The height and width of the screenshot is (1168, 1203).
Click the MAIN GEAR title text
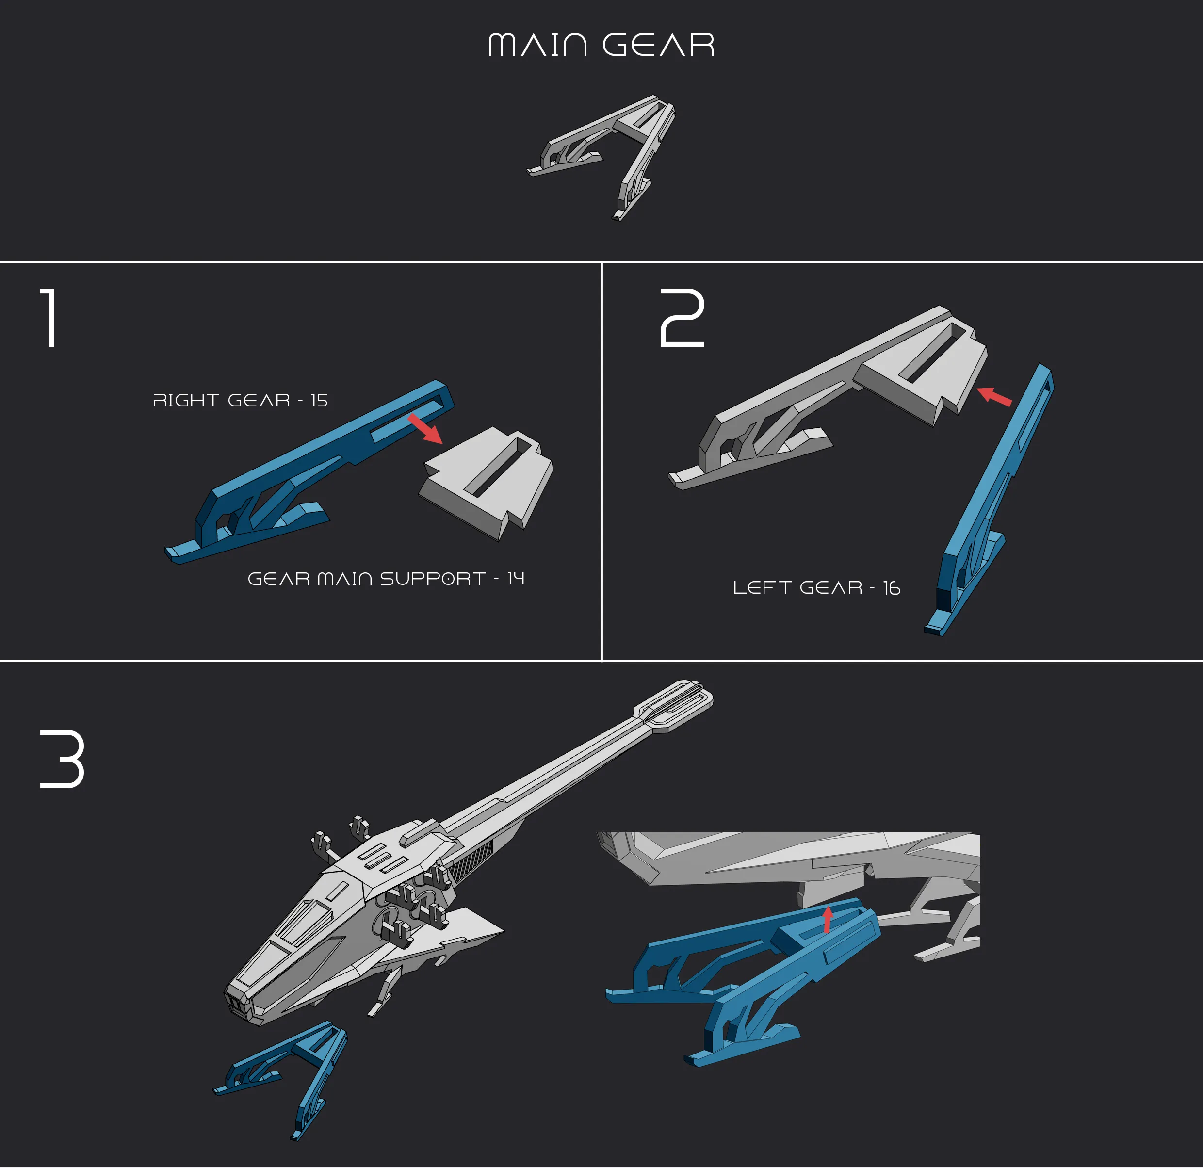(x=601, y=45)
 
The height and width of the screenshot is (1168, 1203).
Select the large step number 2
(x=682, y=318)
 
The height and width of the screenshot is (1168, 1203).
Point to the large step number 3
(x=62, y=759)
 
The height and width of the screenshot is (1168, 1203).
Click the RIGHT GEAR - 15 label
(x=240, y=400)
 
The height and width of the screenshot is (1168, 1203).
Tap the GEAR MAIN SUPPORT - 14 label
(x=386, y=579)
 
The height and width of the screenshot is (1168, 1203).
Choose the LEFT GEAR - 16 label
(x=817, y=588)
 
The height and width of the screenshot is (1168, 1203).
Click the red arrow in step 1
(x=425, y=428)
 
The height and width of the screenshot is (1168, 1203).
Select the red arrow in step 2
(x=994, y=396)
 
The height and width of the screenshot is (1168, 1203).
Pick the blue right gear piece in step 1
(x=310, y=471)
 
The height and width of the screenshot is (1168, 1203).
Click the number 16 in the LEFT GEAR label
(x=892, y=588)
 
